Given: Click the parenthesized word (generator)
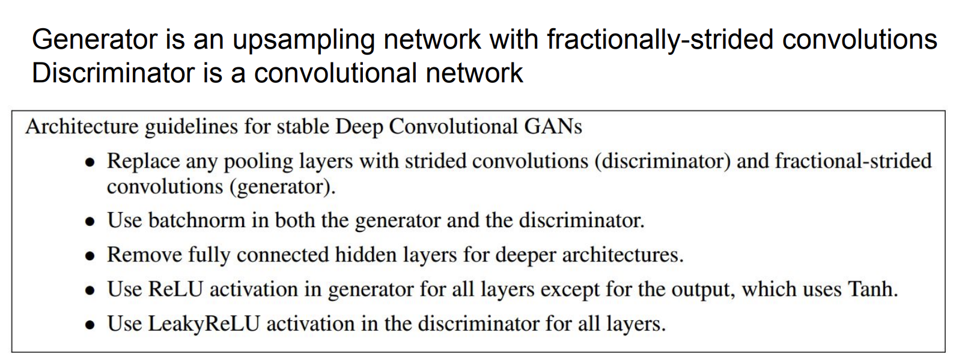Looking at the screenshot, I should pyautogui.click(x=282, y=187).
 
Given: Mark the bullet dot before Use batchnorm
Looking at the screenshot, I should pyautogui.click(x=90, y=222).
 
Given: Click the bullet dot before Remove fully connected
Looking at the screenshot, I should pyautogui.click(x=90, y=256).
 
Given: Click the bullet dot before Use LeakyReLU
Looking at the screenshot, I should pyautogui.click(x=90, y=325).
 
